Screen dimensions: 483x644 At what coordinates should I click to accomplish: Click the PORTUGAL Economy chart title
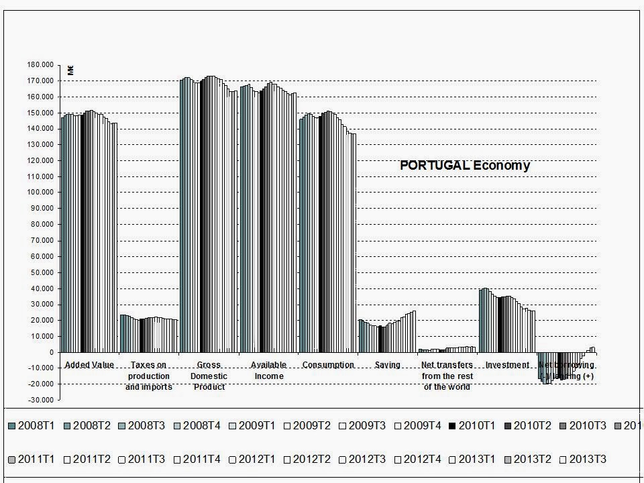pos(465,166)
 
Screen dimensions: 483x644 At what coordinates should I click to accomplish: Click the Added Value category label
pos(89,365)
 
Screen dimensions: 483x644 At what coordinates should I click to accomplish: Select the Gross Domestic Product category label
pos(209,376)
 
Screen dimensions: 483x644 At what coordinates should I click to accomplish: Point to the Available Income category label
pos(268,370)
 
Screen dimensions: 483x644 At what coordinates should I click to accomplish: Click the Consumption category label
pos(328,365)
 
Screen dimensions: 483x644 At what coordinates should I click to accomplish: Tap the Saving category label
pos(387,365)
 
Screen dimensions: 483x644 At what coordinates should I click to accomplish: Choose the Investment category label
pos(507,365)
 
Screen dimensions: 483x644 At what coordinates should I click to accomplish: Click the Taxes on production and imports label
pos(149,376)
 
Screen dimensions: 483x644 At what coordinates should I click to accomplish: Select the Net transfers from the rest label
pos(447,376)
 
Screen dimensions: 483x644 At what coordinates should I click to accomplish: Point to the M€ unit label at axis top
pos(70,69)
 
